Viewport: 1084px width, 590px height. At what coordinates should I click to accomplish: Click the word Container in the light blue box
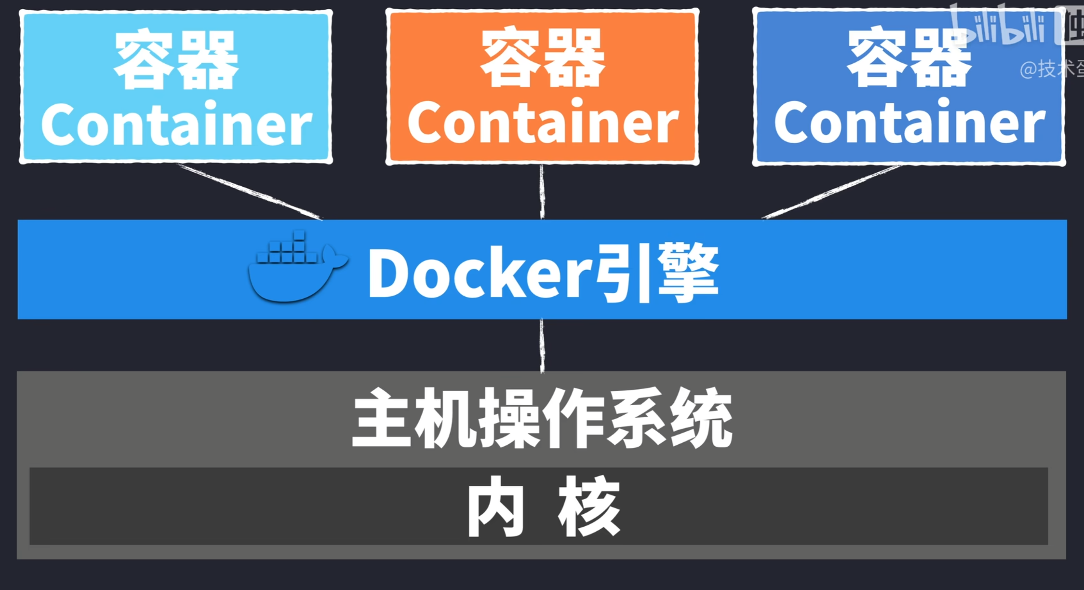[x=176, y=124]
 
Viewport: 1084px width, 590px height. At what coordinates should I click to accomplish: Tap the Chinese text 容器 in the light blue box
[x=176, y=59]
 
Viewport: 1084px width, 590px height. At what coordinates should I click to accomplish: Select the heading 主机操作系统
[x=542, y=419]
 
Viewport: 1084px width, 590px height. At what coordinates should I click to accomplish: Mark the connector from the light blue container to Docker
[x=250, y=192]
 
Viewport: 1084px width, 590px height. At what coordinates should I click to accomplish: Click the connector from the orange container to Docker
[x=542, y=192]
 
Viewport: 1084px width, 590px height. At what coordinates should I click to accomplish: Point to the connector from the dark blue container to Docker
[x=831, y=192]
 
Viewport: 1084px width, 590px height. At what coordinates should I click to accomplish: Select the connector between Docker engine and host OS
[x=542, y=345]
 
